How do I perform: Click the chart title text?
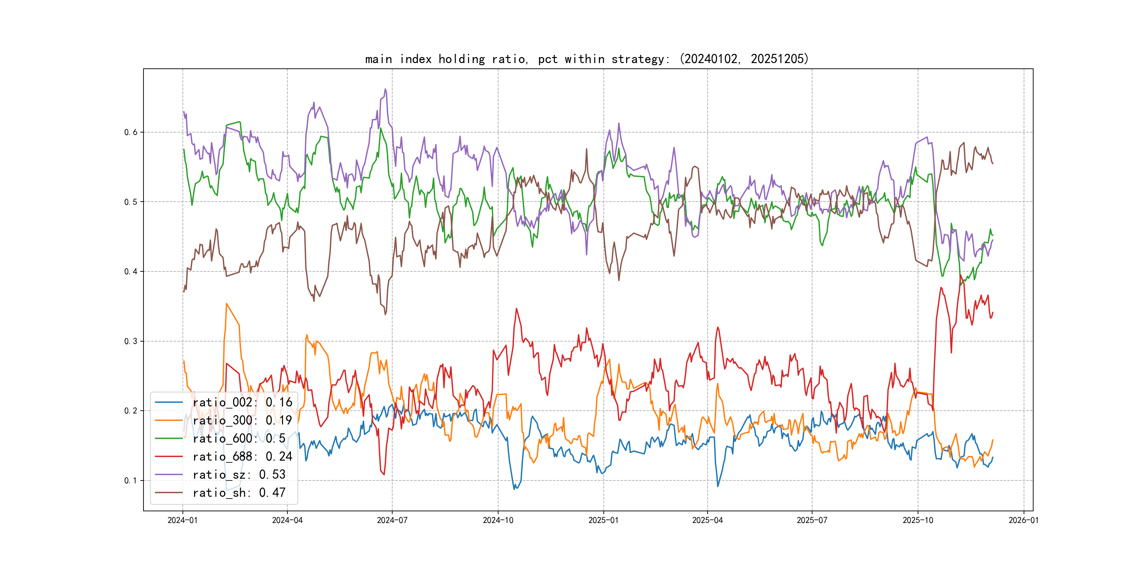[586, 59]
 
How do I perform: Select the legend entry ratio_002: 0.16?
[242, 403]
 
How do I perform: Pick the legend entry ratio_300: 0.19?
[242, 420]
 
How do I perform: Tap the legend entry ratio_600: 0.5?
[239, 439]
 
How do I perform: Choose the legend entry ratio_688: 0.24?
[242, 456]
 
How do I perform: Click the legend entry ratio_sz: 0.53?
[239, 475]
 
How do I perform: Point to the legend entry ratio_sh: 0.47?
[239, 493]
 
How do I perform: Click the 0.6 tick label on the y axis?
[131, 133]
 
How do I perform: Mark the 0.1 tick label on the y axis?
[131, 480]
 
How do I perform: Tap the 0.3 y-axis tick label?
[131, 341]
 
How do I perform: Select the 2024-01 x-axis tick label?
[182, 520]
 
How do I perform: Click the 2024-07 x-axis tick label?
[392, 520]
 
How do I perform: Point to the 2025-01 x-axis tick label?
[603, 520]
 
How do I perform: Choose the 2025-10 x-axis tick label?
[918, 520]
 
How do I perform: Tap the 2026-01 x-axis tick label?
[1024, 520]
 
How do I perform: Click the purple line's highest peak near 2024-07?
[386, 89]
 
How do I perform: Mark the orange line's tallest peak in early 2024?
[227, 304]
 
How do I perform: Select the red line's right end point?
[992, 313]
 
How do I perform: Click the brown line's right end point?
[992, 164]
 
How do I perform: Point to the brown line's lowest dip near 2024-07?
[386, 315]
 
